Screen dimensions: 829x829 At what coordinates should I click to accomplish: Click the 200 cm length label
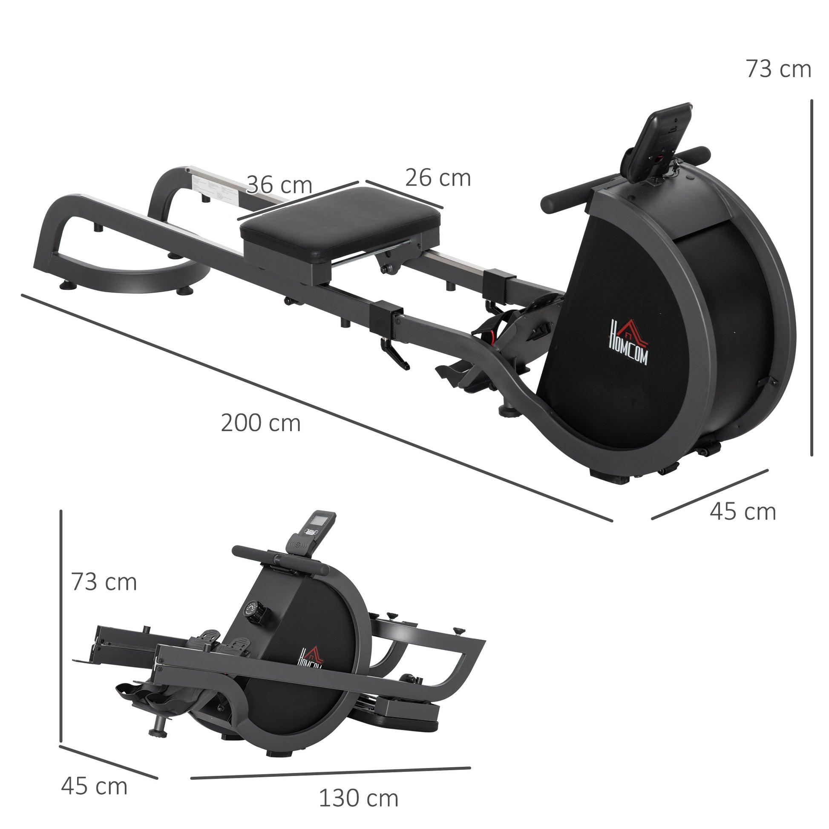pos(260,423)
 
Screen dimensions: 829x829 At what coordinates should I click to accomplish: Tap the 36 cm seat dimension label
pos(279,185)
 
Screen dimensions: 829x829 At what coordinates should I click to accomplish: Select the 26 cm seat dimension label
pos(438,178)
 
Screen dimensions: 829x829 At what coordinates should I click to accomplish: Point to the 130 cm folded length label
pos(358,798)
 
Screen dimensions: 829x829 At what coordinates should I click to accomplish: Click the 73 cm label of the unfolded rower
pos(778,69)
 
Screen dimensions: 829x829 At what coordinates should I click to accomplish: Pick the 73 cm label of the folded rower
pos(104,582)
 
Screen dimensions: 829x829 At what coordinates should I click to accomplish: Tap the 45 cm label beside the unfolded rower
pos(743,512)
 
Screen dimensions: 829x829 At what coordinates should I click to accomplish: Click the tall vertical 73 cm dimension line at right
pos(812,279)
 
